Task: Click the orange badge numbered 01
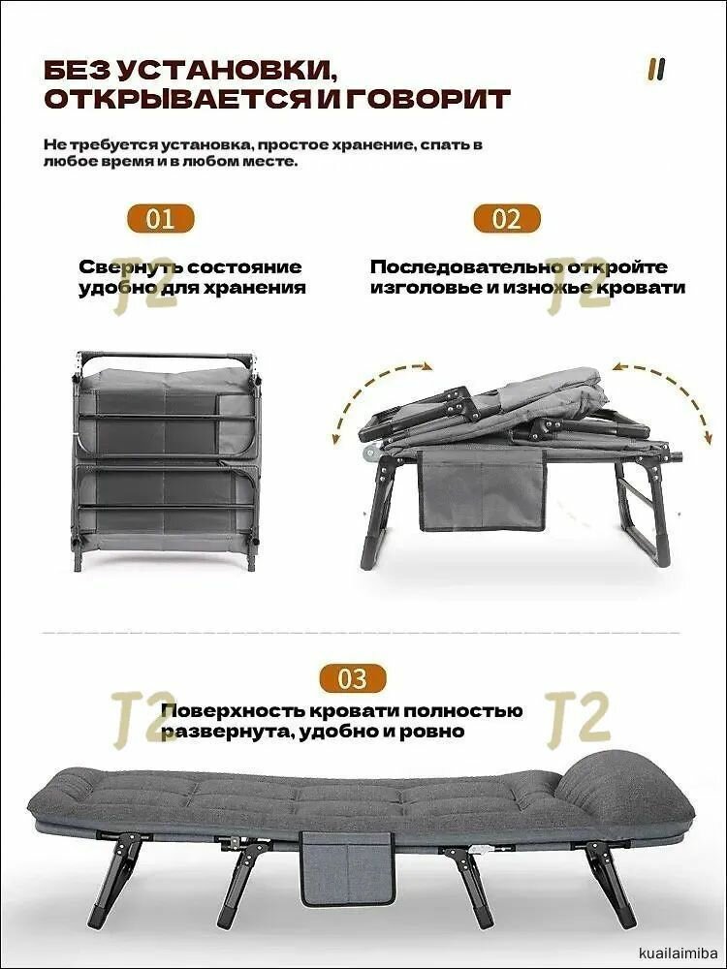pyautogui.click(x=161, y=218)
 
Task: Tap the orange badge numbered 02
pyautogui.click(x=506, y=218)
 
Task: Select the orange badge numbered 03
pyautogui.click(x=352, y=677)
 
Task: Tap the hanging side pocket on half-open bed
pyautogui.click(x=481, y=489)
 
